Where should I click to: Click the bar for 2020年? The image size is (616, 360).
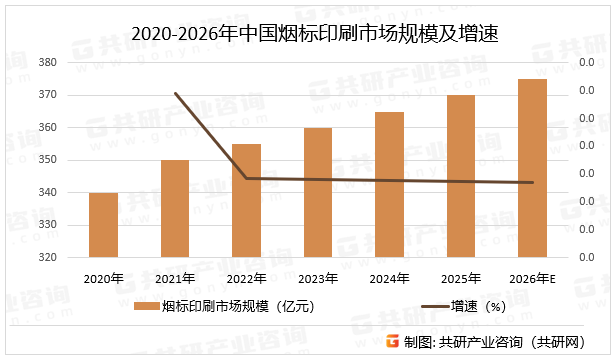pyautogui.click(x=103, y=225)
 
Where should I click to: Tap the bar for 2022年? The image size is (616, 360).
pyautogui.click(x=247, y=200)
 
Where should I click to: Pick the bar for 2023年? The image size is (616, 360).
pyautogui.click(x=318, y=192)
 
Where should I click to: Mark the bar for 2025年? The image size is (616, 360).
pyautogui.click(x=461, y=176)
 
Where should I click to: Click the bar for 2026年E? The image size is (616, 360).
pyautogui.click(x=533, y=168)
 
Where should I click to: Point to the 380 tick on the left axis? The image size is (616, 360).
pyautogui.click(x=47, y=63)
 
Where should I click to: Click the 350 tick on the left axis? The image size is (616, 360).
pyautogui.click(x=47, y=160)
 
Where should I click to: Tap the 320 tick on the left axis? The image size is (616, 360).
pyautogui.click(x=47, y=257)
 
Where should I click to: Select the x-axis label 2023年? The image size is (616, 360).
pyautogui.click(x=318, y=278)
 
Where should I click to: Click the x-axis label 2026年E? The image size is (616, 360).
pyautogui.click(x=533, y=278)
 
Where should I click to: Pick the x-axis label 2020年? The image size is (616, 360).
pyautogui.click(x=103, y=278)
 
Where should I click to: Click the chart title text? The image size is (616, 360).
pyautogui.click(x=308, y=35)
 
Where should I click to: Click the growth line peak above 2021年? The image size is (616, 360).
pyautogui.click(x=175, y=93)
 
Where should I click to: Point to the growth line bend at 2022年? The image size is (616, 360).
pyautogui.click(x=247, y=178)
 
